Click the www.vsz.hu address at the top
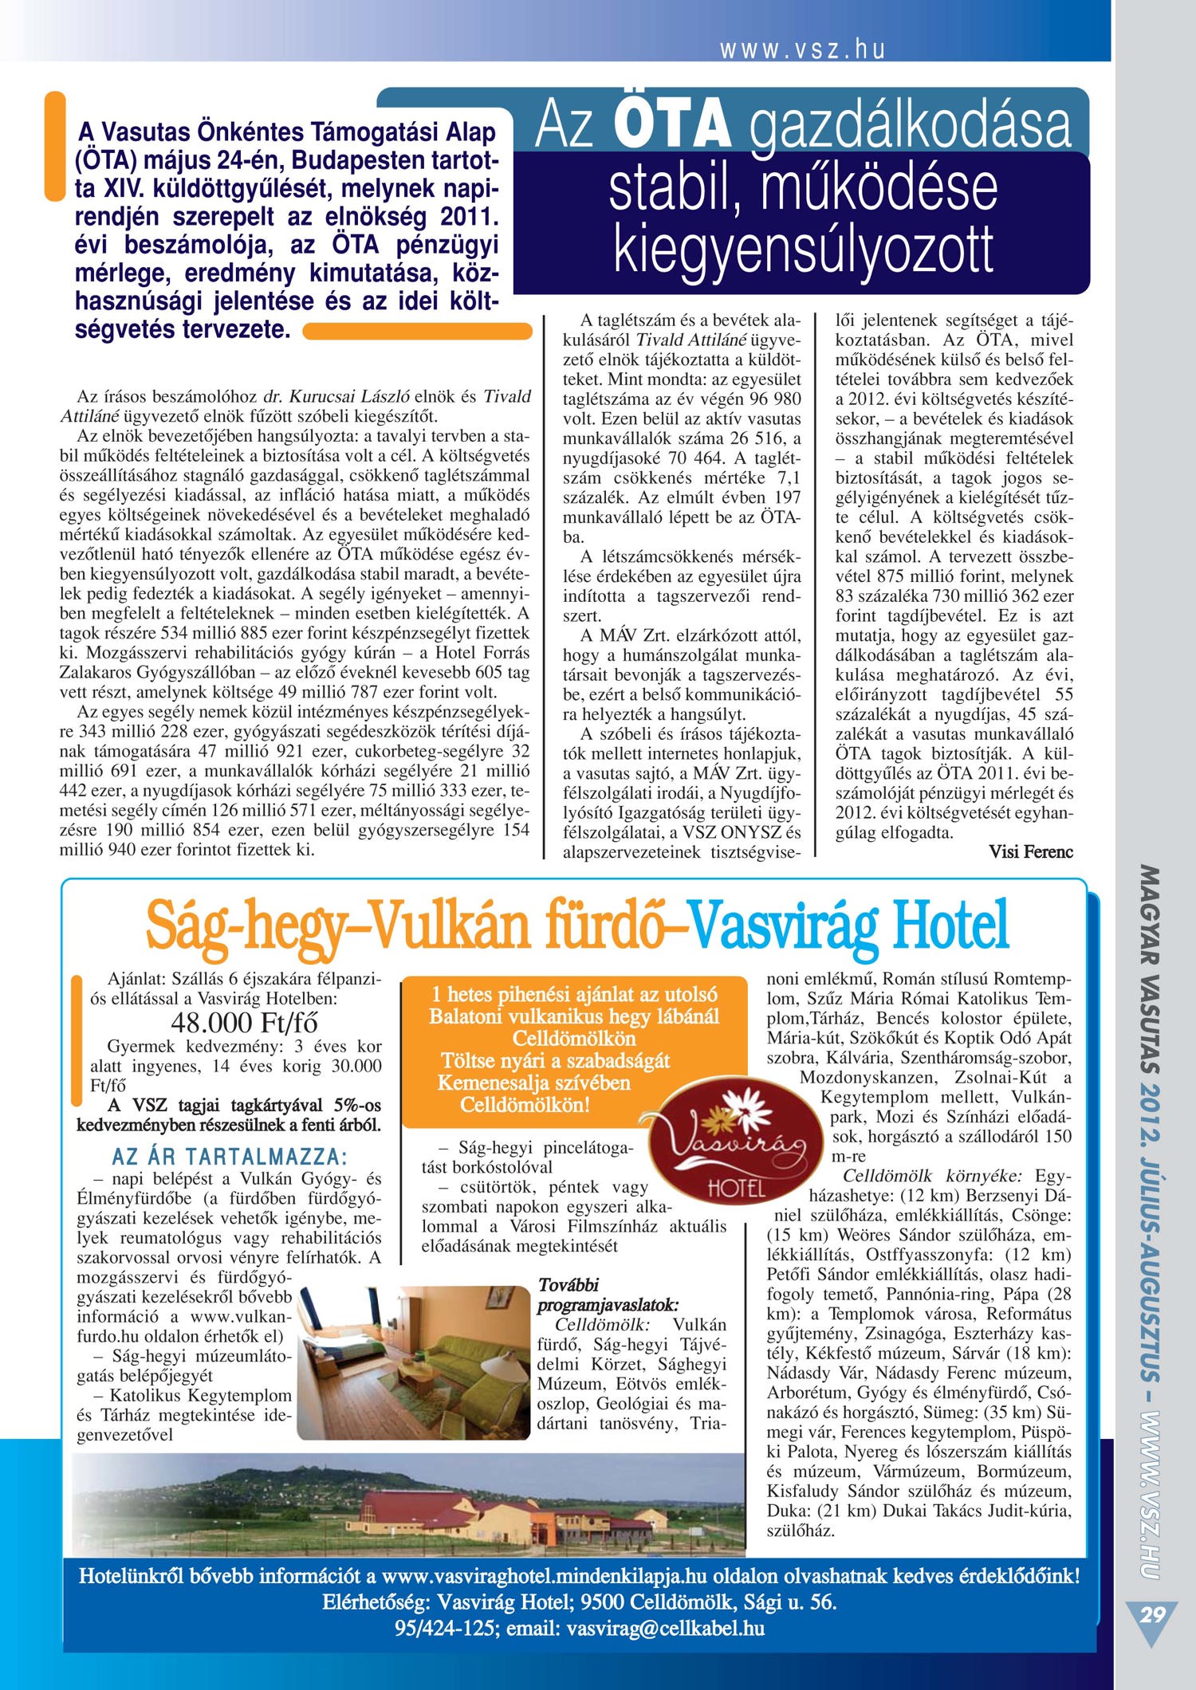(802, 50)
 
